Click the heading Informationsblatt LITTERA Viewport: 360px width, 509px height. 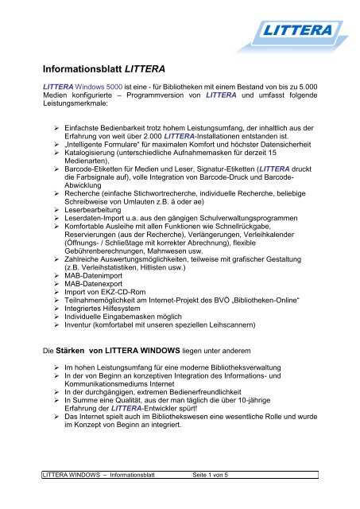(x=113, y=68)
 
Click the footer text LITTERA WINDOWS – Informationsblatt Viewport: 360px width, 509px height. (x=98, y=497)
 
